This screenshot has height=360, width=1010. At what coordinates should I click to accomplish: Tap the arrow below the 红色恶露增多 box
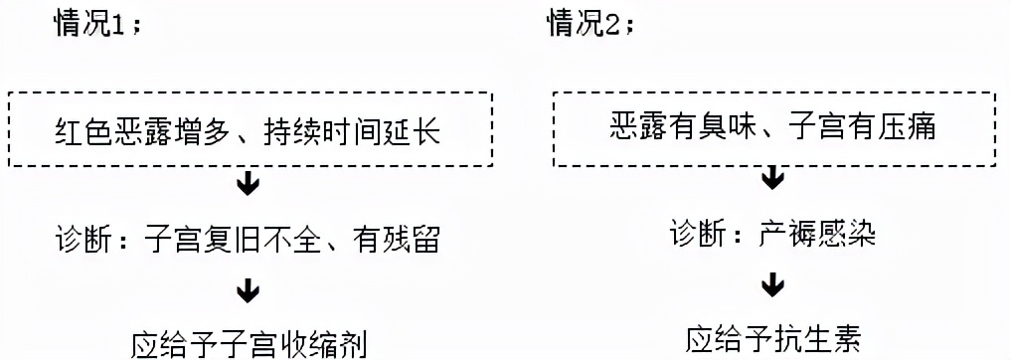(248, 187)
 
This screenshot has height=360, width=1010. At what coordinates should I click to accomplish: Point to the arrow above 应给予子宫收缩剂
(248, 291)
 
